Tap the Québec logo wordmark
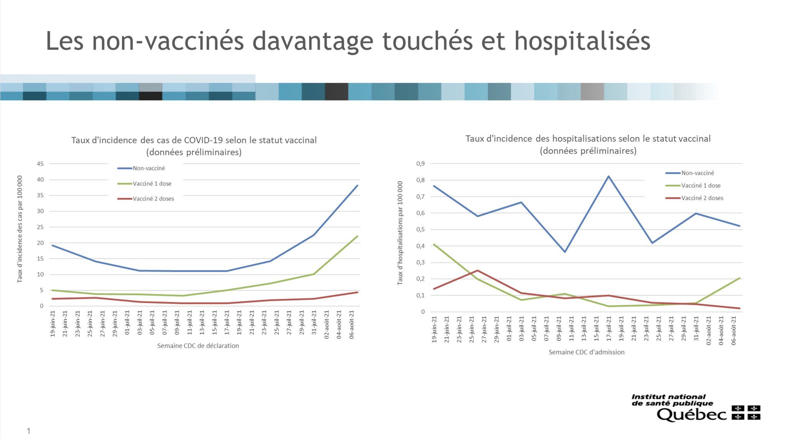tap(691, 414)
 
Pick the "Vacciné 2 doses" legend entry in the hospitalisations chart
tap(702, 198)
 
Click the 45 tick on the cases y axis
tap(40, 164)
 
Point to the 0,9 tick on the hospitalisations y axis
tap(420, 164)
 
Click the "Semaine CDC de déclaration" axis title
tap(198, 346)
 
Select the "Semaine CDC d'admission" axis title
tap(586, 352)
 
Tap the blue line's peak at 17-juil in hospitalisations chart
tap(608, 177)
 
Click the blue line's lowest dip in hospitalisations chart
tap(565, 252)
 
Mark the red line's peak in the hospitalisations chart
tap(478, 271)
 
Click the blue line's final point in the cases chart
tap(357, 186)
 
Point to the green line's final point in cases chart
tap(357, 236)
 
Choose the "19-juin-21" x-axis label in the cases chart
tap(53, 324)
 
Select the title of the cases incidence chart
tap(194, 146)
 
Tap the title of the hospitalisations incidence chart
tap(588, 144)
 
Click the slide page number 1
tap(28, 431)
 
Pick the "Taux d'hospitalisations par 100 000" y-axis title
tap(400, 233)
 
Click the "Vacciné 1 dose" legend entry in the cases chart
tap(152, 183)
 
